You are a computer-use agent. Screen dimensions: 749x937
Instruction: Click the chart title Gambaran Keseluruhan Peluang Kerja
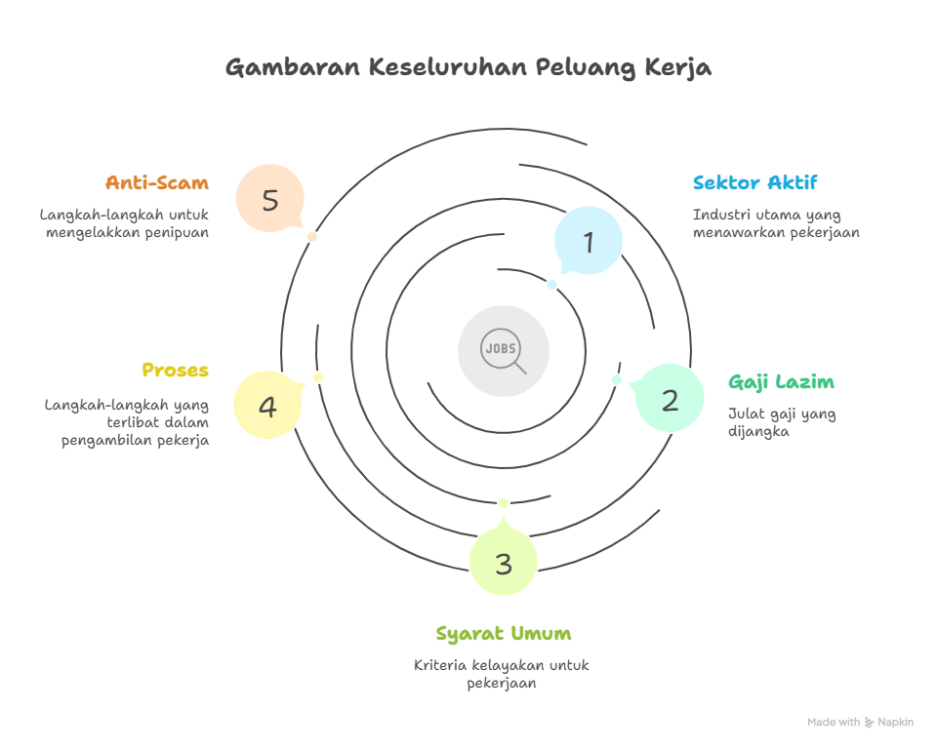(x=468, y=67)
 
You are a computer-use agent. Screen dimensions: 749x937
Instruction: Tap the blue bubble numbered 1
(x=589, y=242)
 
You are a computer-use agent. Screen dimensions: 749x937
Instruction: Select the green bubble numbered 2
(x=670, y=399)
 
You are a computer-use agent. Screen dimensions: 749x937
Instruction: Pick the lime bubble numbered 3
(x=504, y=563)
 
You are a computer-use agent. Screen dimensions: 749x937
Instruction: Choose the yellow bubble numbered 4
(x=267, y=405)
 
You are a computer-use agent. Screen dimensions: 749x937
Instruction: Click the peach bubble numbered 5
(x=270, y=200)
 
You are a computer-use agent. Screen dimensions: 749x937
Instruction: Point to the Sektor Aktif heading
(x=754, y=182)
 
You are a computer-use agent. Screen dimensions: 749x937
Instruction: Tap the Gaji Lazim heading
(x=781, y=381)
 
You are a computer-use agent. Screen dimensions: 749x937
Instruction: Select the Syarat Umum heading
(x=504, y=634)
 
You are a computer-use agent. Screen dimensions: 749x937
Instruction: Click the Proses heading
(x=176, y=371)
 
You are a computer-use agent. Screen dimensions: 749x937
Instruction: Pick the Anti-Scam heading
(x=157, y=182)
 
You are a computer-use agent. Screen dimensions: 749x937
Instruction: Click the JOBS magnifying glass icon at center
(x=504, y=351)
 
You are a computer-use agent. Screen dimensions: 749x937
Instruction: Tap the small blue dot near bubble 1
(x=552, y=285)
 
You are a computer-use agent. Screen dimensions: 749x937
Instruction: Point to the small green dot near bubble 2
(x=617, y=379)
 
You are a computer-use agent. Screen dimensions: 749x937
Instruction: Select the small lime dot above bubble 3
(x=504, y=502)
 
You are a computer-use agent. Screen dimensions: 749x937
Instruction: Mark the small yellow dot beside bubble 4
(x=318, y=377)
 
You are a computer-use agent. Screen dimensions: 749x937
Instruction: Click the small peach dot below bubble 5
(x=312, y=237)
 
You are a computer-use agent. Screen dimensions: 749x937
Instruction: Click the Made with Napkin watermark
(x=860, y=723)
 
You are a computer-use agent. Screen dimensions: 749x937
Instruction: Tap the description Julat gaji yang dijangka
(x=782, y=422)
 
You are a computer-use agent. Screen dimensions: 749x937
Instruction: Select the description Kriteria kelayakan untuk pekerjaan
(x=502, y=674)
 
